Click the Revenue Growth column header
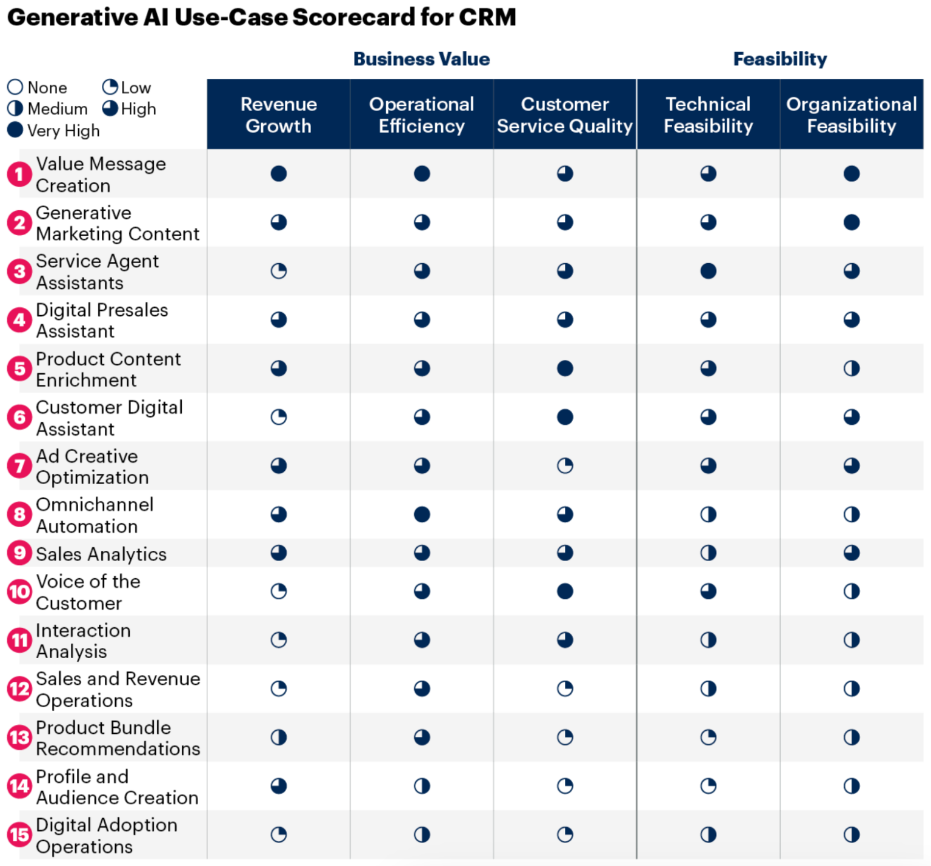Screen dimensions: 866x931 278,115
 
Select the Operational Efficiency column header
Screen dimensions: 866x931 421,115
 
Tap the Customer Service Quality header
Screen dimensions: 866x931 564,115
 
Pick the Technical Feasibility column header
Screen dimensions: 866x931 708,115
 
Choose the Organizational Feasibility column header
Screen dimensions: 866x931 851,115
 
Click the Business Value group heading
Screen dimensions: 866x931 421,59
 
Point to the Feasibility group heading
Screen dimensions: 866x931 779,59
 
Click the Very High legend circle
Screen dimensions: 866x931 15,130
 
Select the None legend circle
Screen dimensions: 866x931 15,87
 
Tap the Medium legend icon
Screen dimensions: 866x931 15,108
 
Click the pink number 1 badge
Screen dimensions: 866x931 19,175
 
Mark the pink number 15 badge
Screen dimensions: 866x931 19,835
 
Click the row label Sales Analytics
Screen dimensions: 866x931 101,554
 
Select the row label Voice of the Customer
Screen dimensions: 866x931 88,592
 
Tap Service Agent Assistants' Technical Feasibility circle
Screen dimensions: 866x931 708,271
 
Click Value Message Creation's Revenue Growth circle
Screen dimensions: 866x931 278,174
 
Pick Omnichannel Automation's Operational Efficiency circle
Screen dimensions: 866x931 421,515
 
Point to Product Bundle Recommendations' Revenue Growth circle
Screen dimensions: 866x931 278,738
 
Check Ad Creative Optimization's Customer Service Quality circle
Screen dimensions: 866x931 564,466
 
